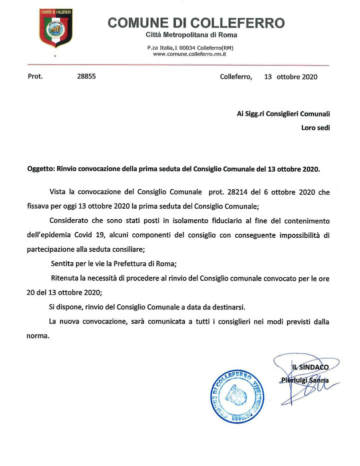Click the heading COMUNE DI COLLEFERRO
point(196,23)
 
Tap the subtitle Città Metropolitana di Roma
point(191,35)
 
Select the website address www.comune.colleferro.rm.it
point(190,53)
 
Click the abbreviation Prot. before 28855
point(35,77)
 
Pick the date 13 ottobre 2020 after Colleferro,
point(290,77)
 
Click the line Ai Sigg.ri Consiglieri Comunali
point(283,114)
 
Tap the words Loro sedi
point(315,128)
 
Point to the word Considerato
point(70,221)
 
